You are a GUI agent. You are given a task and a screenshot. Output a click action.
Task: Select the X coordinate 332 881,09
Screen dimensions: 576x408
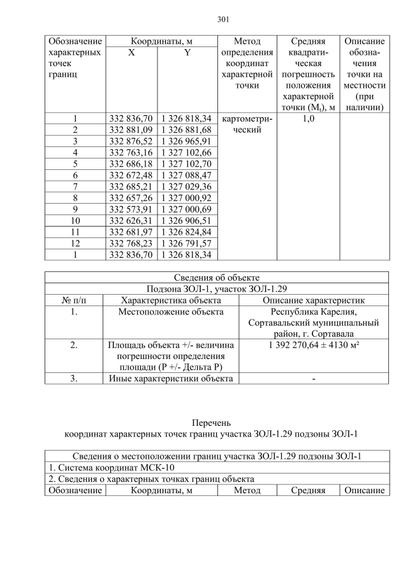(x=131, y=130)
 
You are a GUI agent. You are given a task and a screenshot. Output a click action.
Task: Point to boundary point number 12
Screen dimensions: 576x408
(x=75, y=243)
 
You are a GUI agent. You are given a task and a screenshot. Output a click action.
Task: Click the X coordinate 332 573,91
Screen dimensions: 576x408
(x=131, y=209)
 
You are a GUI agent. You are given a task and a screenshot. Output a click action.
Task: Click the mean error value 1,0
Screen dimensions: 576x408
(x=308, y=118)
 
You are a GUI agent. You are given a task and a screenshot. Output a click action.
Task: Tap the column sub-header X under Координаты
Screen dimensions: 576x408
(x=131, y=53)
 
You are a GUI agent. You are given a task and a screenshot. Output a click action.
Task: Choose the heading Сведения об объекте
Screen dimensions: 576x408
(x=217, y=277)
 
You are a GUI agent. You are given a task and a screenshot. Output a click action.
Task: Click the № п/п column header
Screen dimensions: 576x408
(x=74, y=300)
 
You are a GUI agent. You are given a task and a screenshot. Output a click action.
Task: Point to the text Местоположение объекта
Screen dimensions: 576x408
(x=171, y=312)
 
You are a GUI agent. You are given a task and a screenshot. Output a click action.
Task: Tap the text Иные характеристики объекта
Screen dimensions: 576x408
(x=171, y=379)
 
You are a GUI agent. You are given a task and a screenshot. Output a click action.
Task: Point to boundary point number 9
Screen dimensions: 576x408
(x=75, y=209)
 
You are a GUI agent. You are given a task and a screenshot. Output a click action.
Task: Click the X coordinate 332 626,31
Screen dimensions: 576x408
(x=131, y=221)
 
